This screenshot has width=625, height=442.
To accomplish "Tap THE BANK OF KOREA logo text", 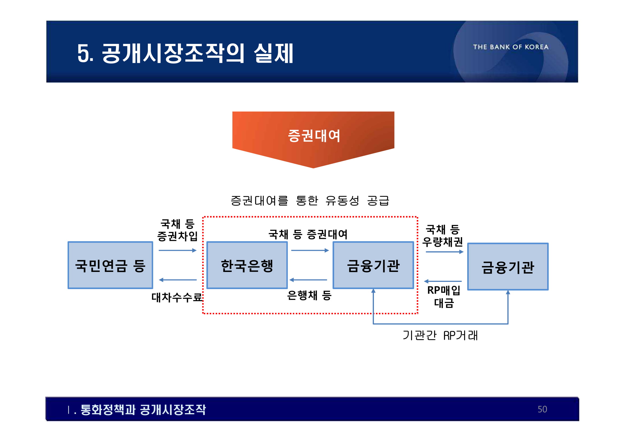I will click(x=511, y=47).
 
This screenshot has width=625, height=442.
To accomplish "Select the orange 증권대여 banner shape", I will click(x=313, y=136).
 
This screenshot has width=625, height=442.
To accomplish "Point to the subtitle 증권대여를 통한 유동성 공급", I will click(x=310, y=201).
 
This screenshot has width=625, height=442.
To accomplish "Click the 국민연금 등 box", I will click(x=110, y=265).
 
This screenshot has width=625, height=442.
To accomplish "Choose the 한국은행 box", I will click(x=247, y=265).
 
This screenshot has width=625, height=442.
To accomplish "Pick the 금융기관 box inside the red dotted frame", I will click(x=373, y=265).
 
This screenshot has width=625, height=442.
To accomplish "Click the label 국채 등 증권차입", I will click(x=178, y=230).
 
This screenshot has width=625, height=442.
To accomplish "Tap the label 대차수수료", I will click(x=177, y=298).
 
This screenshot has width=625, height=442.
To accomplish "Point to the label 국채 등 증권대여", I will click(x=308, y=234).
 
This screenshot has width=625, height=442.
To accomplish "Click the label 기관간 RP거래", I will click(x=440, y=336).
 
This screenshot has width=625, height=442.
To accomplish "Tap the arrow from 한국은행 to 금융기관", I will click(x=310, y=250).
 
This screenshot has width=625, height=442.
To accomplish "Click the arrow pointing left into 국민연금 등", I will click(x=178, y=280).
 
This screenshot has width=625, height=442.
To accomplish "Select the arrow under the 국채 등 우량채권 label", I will click(x=444, y=252).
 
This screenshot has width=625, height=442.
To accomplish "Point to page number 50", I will click(x=542, y=409).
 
